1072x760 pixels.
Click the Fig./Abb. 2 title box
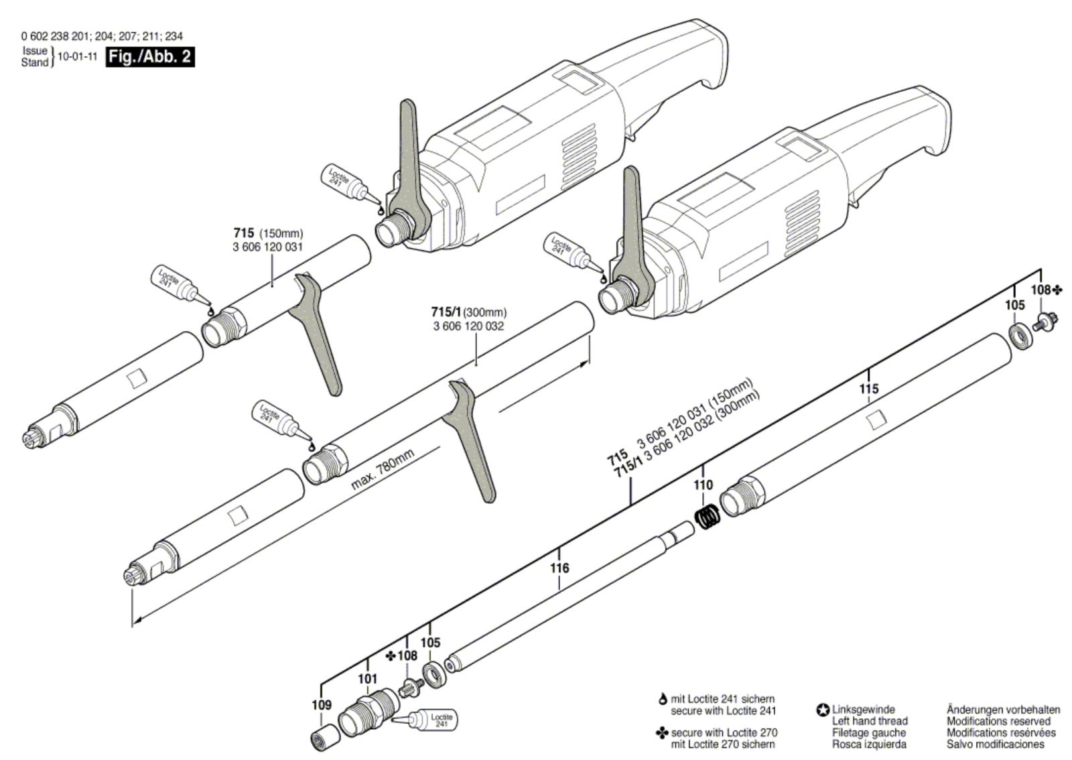click(x=151, y=56)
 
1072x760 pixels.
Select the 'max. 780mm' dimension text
click(x=383, y=469)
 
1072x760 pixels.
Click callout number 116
click(x=559, y=568)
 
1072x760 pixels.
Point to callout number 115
click(x=868, y=389)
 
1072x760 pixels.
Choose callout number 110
click(x=703, y=485)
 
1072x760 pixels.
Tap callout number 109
click(x=322, y=705)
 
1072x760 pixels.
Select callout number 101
click(x=367, y=679)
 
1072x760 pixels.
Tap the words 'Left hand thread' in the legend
click(x=870, y=721)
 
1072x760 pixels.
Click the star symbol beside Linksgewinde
click(x=823, y=710)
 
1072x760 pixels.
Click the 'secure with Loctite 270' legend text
click(x=724, y=733)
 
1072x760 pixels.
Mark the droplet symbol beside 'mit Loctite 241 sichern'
click(x=663, y=699)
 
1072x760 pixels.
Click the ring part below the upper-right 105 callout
click(x=1020, y=336)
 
